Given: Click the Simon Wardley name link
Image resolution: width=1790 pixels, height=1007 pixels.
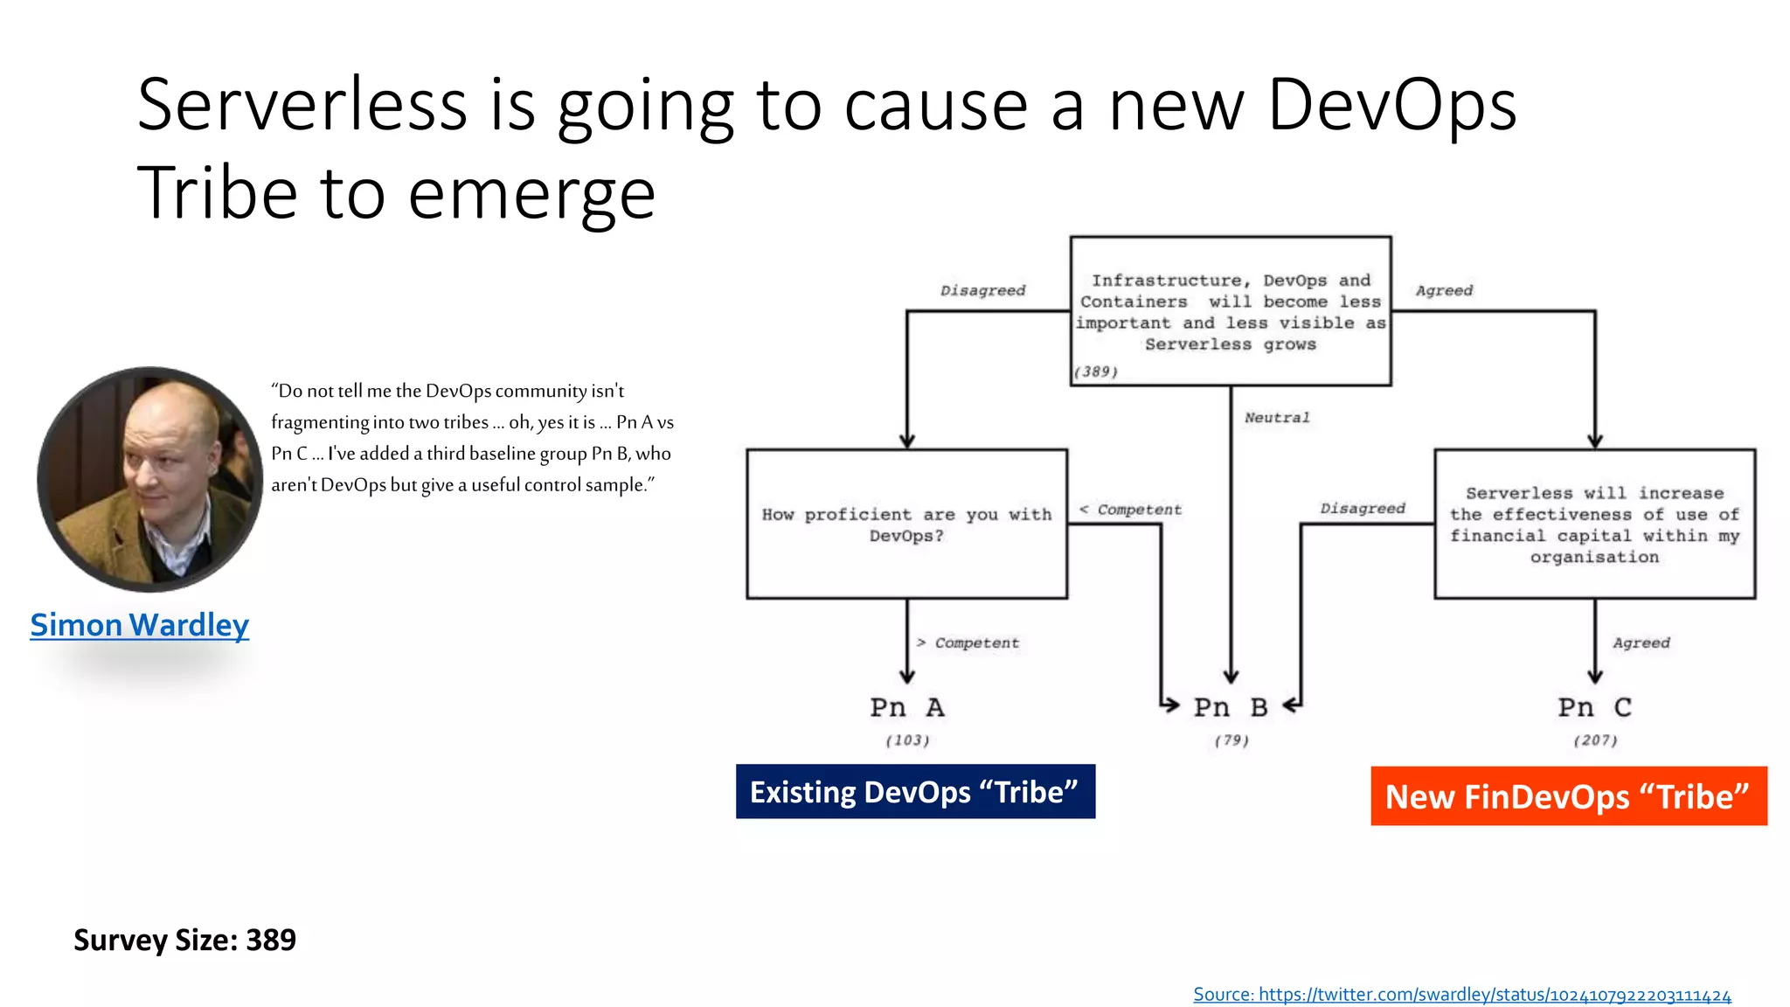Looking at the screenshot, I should [x=140, y=625].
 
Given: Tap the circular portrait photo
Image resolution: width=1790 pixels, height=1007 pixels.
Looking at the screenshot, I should [x=150, y=479].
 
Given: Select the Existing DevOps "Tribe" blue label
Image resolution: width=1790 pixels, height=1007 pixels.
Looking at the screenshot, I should [x=915, y=792].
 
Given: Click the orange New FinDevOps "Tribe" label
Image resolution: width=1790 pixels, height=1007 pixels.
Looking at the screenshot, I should [x=1568, y=796].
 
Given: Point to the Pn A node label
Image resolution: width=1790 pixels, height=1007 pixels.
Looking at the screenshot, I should [x=907, y=707].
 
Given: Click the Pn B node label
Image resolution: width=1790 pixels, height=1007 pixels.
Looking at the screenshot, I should [x=1231, y=707].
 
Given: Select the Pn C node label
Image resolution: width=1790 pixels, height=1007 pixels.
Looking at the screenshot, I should [x=1594, y=707].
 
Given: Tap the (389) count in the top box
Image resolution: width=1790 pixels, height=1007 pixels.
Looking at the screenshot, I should [x=1096, y=372].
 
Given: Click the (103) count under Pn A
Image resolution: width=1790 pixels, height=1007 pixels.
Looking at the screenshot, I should [x=907, y=740].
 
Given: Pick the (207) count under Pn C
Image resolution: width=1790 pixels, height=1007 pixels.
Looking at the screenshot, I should [x=1595, y=740].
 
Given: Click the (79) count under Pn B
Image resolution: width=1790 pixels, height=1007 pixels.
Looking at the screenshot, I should [x=1231, y=740].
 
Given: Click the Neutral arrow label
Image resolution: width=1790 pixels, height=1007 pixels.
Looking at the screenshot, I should [x=1277, y=418].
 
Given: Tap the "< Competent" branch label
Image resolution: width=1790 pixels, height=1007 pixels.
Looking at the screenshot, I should [x=1130, y=510].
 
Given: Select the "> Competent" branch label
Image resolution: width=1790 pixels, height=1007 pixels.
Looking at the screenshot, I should [x=968, y=643].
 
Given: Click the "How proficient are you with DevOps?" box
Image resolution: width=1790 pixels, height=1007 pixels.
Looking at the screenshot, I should [x=906, y=524].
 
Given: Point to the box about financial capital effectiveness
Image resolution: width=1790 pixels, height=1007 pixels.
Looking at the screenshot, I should [x=1594, y=524].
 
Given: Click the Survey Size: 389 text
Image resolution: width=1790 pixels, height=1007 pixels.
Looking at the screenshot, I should [x=184, y=940].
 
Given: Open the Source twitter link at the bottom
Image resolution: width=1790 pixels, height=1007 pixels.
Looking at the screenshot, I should [x=1461, y=995].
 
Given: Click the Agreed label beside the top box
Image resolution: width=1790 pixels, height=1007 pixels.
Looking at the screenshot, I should [x=1444, y=290].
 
